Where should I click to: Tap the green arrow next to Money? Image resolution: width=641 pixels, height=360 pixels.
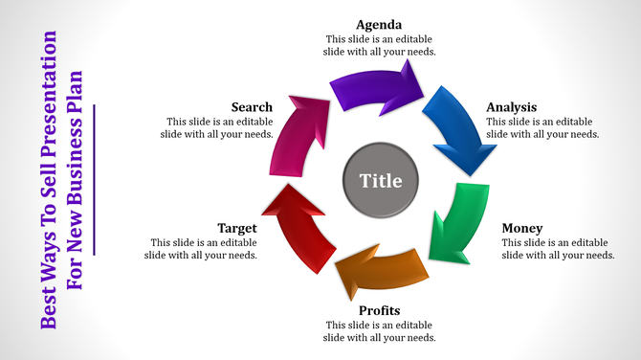(451, 225)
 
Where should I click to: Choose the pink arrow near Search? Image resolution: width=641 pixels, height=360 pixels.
(298, 134)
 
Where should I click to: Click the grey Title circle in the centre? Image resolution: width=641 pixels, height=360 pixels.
(380, 179)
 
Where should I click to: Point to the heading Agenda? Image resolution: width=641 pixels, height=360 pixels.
(379, 24)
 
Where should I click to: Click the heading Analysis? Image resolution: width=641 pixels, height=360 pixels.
(511, 107)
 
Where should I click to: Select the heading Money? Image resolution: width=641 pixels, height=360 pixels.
(522, 228)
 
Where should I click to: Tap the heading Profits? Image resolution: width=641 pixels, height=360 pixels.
(379, 310)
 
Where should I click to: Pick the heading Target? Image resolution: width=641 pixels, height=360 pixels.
(236, 228)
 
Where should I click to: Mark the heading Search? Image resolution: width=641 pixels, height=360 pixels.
(252, 107)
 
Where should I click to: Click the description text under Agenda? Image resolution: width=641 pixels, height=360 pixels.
(380, 45)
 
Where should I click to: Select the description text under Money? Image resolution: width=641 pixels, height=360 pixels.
(558, 249)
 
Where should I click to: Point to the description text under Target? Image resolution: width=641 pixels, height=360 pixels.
(201, 249)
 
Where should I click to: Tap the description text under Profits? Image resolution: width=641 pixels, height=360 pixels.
(380, 331)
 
